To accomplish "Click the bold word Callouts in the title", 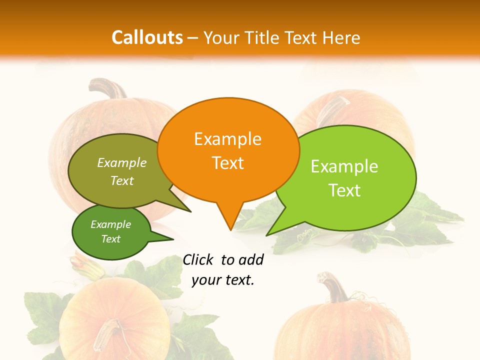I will point(147,37).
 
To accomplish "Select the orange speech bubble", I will point(227,150).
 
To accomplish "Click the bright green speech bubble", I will point(350,180).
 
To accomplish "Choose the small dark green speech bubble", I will point(111,232).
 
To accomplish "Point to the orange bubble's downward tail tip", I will point(230,230).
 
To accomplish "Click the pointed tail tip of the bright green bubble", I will point(267,235).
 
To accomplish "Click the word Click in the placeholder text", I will point(198,259).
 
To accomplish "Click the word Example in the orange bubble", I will point(227,139).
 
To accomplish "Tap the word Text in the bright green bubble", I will point(344,190).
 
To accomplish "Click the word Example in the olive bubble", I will point(122,162).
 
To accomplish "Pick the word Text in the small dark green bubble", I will point(111,239).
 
